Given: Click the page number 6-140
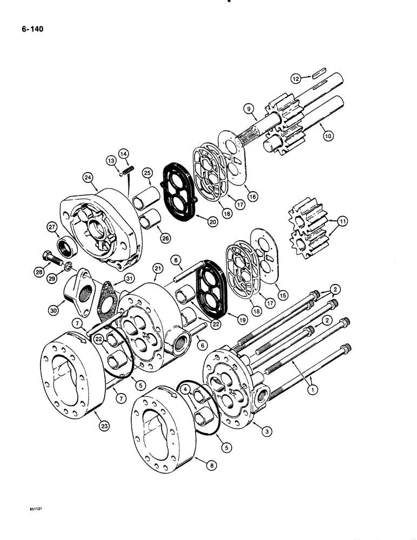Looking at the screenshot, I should (x=28, y=30).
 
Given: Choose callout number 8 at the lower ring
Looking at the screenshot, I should (x=197, y=462).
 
